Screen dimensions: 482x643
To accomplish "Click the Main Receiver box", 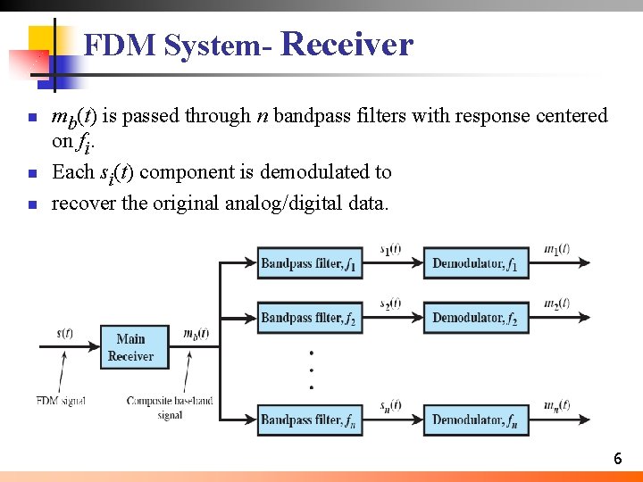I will click(130, 347).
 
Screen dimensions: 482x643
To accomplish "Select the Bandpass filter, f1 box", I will click(310, 263).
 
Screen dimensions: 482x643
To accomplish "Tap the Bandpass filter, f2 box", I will click(310, 318).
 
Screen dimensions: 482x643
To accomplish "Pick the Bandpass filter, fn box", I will click(310, 420).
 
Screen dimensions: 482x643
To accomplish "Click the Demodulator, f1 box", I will click(475, 263).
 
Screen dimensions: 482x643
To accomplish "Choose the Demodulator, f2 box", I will click(475, 318).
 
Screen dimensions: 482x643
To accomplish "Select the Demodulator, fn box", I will click(475, 420).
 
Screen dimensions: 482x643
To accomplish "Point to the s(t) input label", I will click(65, 334).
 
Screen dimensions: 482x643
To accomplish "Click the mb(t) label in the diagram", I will click(195, 334).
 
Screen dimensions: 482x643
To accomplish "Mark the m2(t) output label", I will click(556, 303).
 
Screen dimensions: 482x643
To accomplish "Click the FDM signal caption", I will click(60, 401).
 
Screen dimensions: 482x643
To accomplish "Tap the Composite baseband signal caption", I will click(170, 407).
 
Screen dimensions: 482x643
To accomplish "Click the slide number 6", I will click(617, 459).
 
